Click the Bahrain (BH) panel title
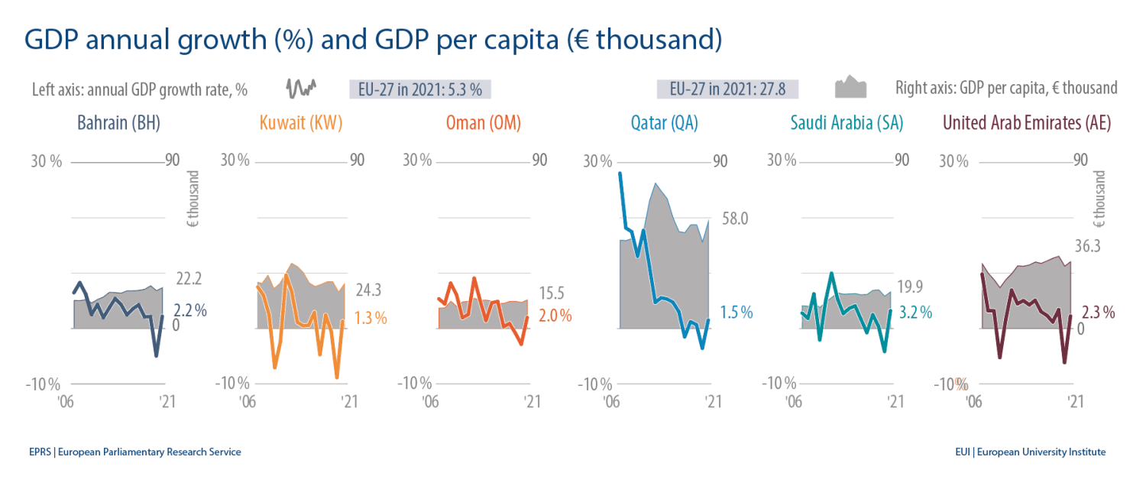pyautogui.click(x=118, y=123)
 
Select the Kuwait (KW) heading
pyautogui.click(x=301, y=123)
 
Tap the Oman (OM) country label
pyautogui.click(x=485, y=123)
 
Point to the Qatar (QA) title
pyautogui.click(x=664, y=123)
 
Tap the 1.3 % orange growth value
pyautogui.click(x=371, y=318)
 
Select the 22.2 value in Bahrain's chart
pyautogui.click(x=186, y=279)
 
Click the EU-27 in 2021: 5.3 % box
pyautogui.click(x=419, y=89)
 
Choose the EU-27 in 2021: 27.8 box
pyautogui.click(x=727, y=89)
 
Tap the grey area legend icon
pyautogui.click(x=850, y=87)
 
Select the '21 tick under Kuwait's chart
pyautogui.click(x=348, y=402)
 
